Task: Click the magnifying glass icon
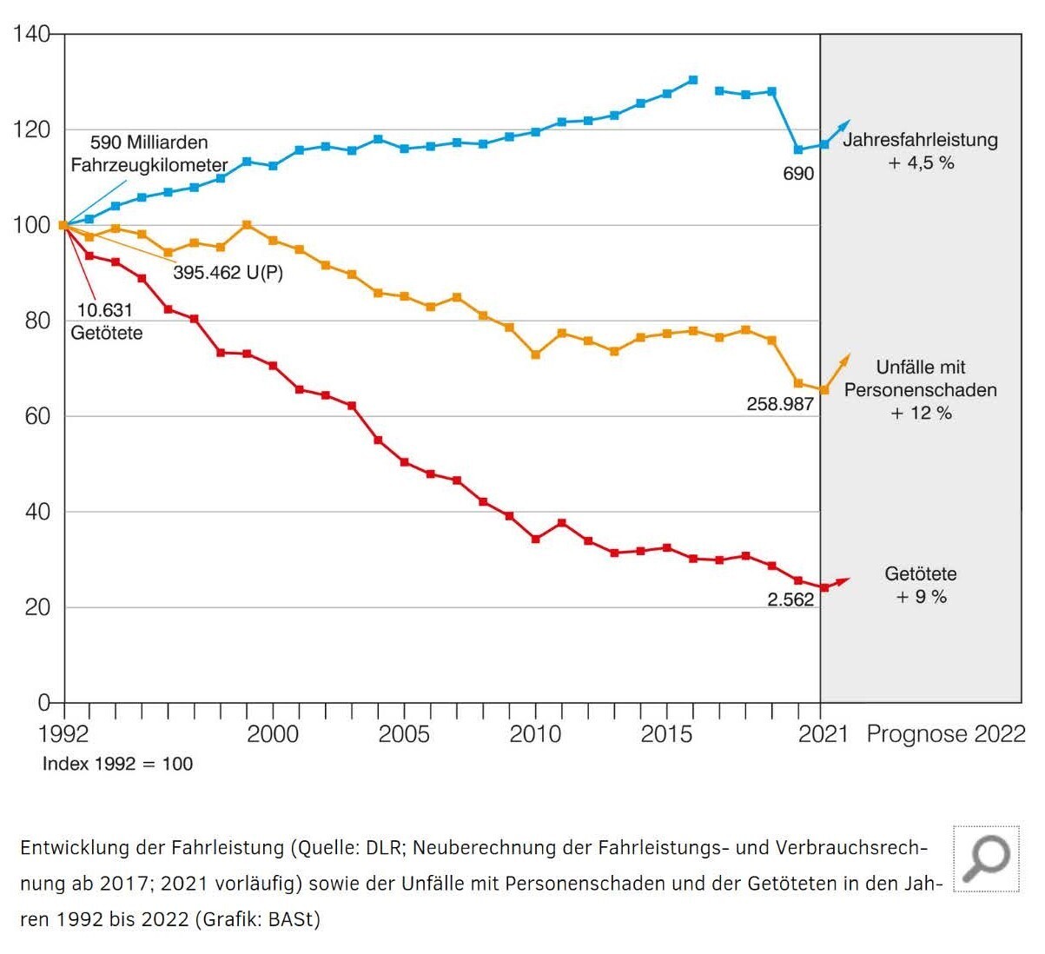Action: tap(986, 858)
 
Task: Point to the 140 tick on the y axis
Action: tap(31, 35)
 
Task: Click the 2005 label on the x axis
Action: tap(404, 734)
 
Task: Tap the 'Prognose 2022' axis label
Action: tap(946, 734)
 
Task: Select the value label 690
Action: tap(798, 174)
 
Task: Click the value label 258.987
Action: tap(780, 404)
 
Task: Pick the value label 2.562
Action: tap(790, 600)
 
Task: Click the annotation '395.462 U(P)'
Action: tap(228, 273)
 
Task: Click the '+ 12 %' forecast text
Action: tap(921, 414)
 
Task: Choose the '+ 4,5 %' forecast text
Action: tap(921, 163)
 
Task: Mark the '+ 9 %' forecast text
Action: tap(921, 597)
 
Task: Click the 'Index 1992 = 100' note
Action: tap(117, 765)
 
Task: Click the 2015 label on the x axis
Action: tap(666, 734)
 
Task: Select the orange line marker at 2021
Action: tap(824, 390)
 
